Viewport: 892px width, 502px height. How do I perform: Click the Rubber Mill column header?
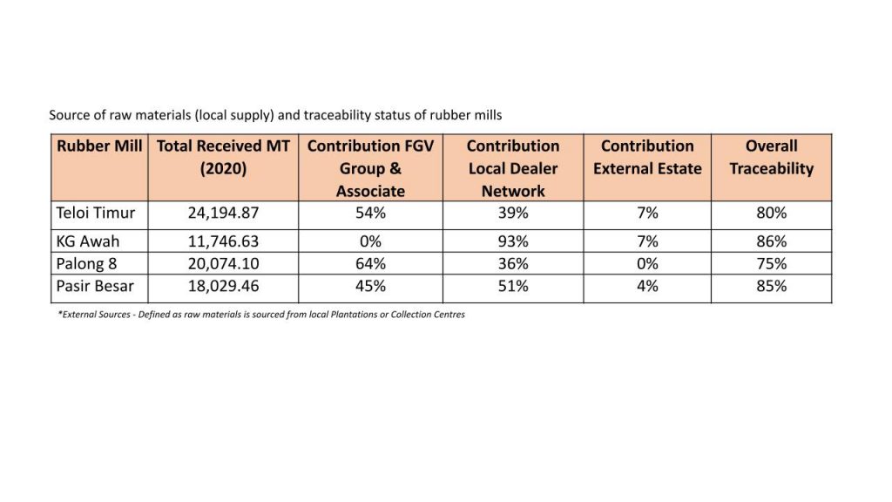coord(99,146)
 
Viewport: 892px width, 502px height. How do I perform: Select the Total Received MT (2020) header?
coord(223,157)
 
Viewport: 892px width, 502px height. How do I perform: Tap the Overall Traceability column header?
coord(772,157)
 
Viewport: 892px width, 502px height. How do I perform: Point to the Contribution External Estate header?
coord(647,157)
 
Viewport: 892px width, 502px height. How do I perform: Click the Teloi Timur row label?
coord(96,213)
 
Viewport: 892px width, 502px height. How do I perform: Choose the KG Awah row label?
coord(88,241)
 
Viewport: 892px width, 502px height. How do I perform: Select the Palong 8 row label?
coord(86,264)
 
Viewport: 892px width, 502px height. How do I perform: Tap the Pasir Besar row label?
coord(95,286)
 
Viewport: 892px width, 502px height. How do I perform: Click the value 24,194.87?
coord(224,213)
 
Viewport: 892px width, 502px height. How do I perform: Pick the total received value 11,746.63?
coord(224,241)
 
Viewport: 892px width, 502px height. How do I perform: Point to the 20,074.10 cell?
coord(224,263)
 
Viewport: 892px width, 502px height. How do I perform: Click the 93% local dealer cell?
coord(513,241)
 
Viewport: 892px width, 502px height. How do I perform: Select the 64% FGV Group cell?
coord(370,263)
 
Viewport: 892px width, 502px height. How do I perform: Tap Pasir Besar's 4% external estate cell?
coord(647,286)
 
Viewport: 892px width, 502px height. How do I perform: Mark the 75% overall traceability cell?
coord(772,263)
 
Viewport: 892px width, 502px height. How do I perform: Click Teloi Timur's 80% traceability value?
coord(772,213)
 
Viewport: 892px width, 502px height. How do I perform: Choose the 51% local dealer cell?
coord(513,286)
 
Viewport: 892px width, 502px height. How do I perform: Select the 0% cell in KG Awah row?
coord(370,241)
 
